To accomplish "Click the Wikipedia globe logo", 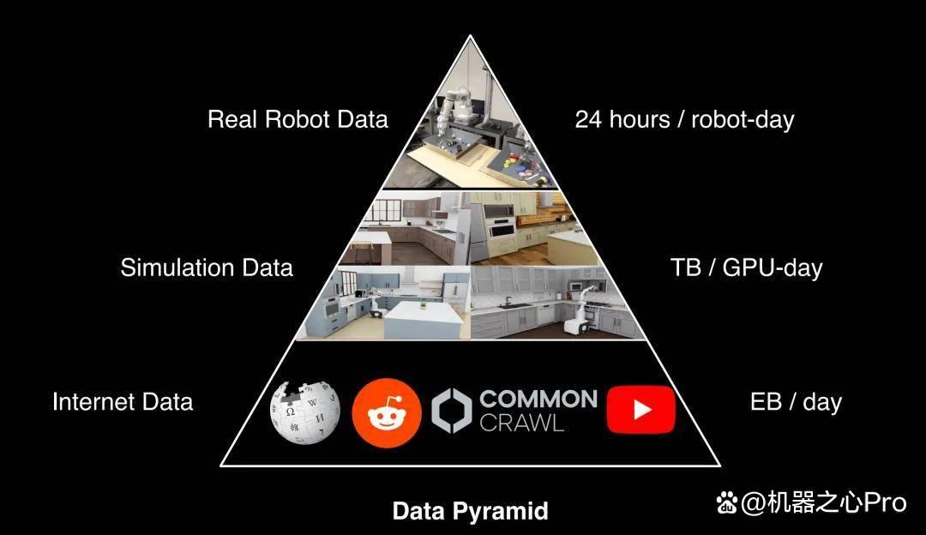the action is [304, 412].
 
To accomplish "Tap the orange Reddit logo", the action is [386, 412].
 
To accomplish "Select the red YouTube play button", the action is [640, 410].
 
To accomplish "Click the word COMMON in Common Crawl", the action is [538, 400].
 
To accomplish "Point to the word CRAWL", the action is [521, 423].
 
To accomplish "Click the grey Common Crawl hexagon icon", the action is [452, 411].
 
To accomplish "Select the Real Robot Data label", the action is [298, 119].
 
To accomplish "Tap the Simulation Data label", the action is [207, 267].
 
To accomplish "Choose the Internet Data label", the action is [123, 402].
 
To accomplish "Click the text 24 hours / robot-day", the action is [684, 120].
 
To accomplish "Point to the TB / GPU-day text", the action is [747, 268].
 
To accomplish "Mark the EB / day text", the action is [796, 403].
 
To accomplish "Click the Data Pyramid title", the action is [470, 511].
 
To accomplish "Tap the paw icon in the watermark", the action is [727, 503].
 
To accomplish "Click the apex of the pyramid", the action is [470, 35].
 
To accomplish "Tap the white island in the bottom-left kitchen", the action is [423, 320].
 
